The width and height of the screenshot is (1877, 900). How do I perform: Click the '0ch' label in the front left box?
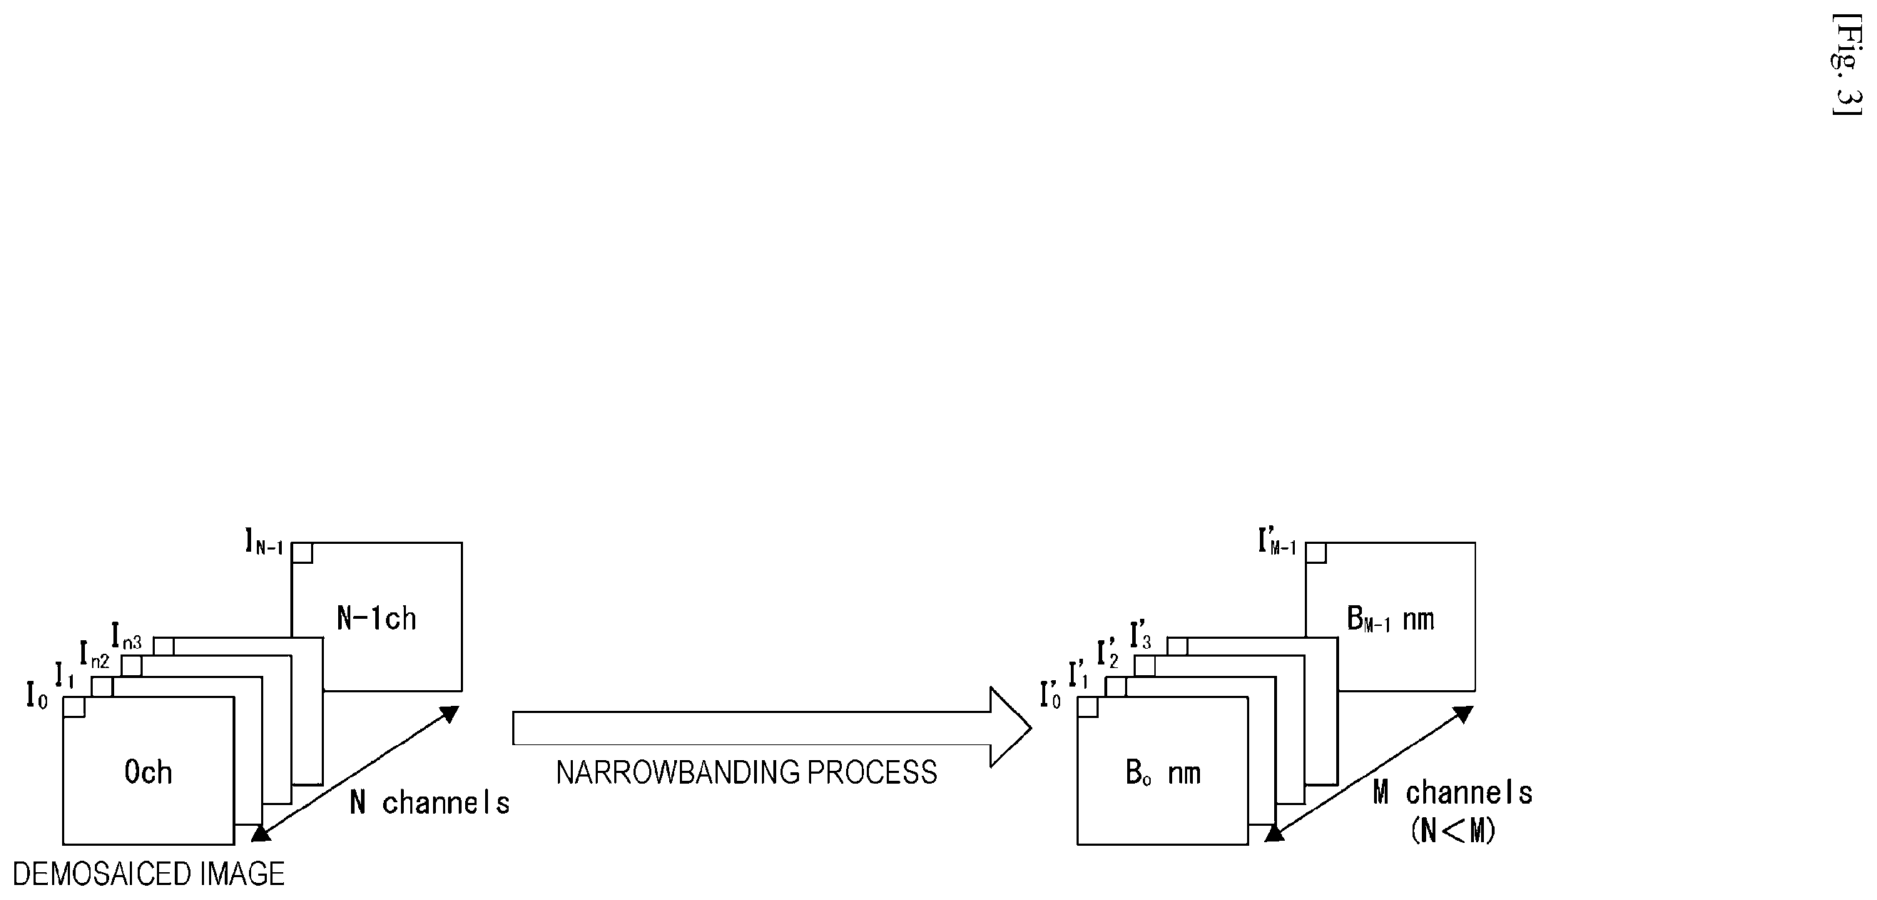point(148,772)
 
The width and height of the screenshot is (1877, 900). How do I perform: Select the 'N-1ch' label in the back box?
point(376,618)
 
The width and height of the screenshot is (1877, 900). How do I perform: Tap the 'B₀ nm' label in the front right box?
point(1163,773)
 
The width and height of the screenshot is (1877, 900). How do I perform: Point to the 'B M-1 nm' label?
point(1390,619)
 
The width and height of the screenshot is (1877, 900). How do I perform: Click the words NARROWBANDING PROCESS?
point(746,772)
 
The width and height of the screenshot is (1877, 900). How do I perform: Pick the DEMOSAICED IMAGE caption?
point(148,874)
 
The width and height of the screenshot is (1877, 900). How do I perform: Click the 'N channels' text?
point(429,802)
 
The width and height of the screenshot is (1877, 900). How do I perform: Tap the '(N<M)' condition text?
point(1453,830)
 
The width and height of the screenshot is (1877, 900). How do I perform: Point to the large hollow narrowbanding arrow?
point(772,728)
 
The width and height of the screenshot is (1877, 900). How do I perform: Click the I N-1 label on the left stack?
point(264,543)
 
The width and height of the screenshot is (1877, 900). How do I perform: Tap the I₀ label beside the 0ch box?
point(37,696)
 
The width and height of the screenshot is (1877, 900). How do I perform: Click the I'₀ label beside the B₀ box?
point(1050,695)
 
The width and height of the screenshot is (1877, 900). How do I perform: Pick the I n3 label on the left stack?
point(127,635)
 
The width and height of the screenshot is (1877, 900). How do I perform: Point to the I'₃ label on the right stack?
point(1140,634)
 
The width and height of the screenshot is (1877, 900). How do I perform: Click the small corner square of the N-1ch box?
point(302,553)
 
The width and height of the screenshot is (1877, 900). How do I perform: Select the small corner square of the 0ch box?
point(74,707)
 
